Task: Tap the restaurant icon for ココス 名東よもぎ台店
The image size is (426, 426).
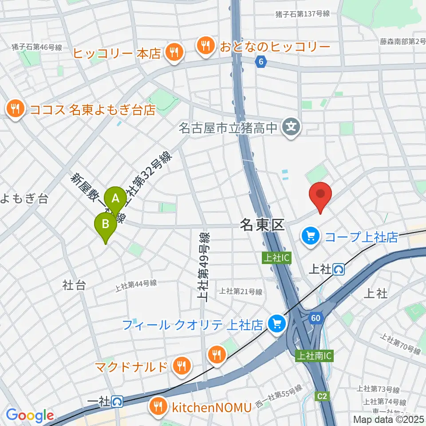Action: pos(16,109)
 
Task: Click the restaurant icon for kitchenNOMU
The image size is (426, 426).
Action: pos(157,405)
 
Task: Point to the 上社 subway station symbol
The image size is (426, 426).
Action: pos(339,269)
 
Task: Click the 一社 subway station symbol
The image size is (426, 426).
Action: pos(118,401)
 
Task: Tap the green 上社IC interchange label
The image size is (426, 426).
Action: pos(277,257)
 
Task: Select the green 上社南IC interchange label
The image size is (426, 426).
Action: pos(314,355)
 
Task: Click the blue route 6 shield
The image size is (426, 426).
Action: pos(261,63)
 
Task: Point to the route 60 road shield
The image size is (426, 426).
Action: pos(316,318)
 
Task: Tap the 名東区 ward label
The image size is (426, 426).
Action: pos(262,225)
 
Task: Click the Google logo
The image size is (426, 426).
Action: pos(30,415)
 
